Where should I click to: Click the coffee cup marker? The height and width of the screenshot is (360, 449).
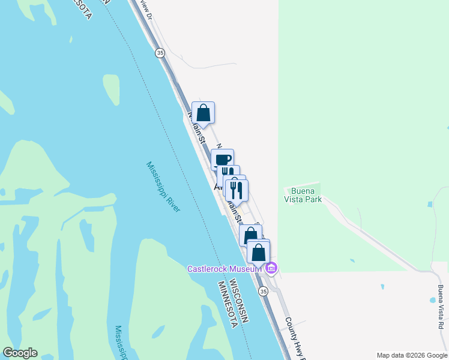pyautogui.click(x=222, y=160)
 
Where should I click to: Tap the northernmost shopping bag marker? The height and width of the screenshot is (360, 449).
pyautogui.click(x=203, y=112)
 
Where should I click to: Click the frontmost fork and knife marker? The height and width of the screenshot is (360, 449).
pyautogui.click(x=237, y=190)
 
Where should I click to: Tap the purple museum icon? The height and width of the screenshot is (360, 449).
pyautogui.click(x=271, y=268)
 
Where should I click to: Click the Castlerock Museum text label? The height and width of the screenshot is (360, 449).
pyautogui.click(x=224, y=269)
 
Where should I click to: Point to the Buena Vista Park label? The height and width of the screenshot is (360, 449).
pyautogui.click(x=303, y=196)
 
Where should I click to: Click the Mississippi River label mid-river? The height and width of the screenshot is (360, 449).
pyautogui.click(x=163, y=186)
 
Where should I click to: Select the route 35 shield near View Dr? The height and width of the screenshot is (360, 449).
pyautogui.click(x=160, y=53)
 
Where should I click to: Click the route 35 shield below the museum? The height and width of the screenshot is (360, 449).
pyautogui.click(x=263, y=291)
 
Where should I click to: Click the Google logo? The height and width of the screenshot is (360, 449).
pyautogui.click(x=20, y=353)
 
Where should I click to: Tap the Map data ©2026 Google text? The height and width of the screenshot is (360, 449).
pyautogui.click(x=411, y=355)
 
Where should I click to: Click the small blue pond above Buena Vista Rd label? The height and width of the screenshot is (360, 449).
pyautogui.click(x=432, y=299)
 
